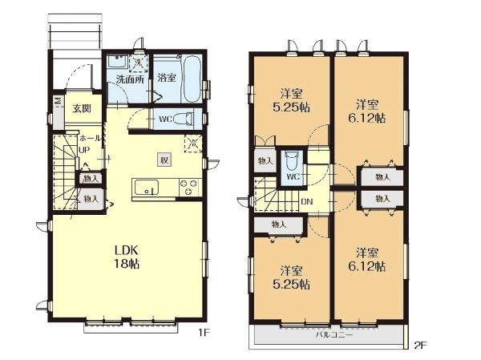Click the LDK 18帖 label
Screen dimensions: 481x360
pos(127,257)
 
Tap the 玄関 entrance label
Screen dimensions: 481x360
pos(82,108)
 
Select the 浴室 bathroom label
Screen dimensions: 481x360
pos(167,78)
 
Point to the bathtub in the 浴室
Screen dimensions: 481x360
pos(192,79)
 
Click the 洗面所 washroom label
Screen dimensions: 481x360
pos(130,80)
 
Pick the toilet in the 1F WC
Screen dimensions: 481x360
pos(184,119)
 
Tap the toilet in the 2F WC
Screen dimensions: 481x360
pos(291,161)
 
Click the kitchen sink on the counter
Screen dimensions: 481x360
pos(147,187)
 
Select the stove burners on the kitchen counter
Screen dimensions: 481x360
pos(188,187)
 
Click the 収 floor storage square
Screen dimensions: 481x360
pos(164,160)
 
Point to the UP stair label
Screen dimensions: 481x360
pos(84,150)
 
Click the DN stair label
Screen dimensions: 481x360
pos(307,201)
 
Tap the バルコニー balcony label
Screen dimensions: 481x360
pos(334,335)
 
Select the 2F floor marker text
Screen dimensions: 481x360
pos(421,346)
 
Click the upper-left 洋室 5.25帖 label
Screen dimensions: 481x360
pos(292,100)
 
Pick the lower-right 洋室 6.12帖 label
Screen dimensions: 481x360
pos(367,260)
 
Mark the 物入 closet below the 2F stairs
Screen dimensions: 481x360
pos(279,224)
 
